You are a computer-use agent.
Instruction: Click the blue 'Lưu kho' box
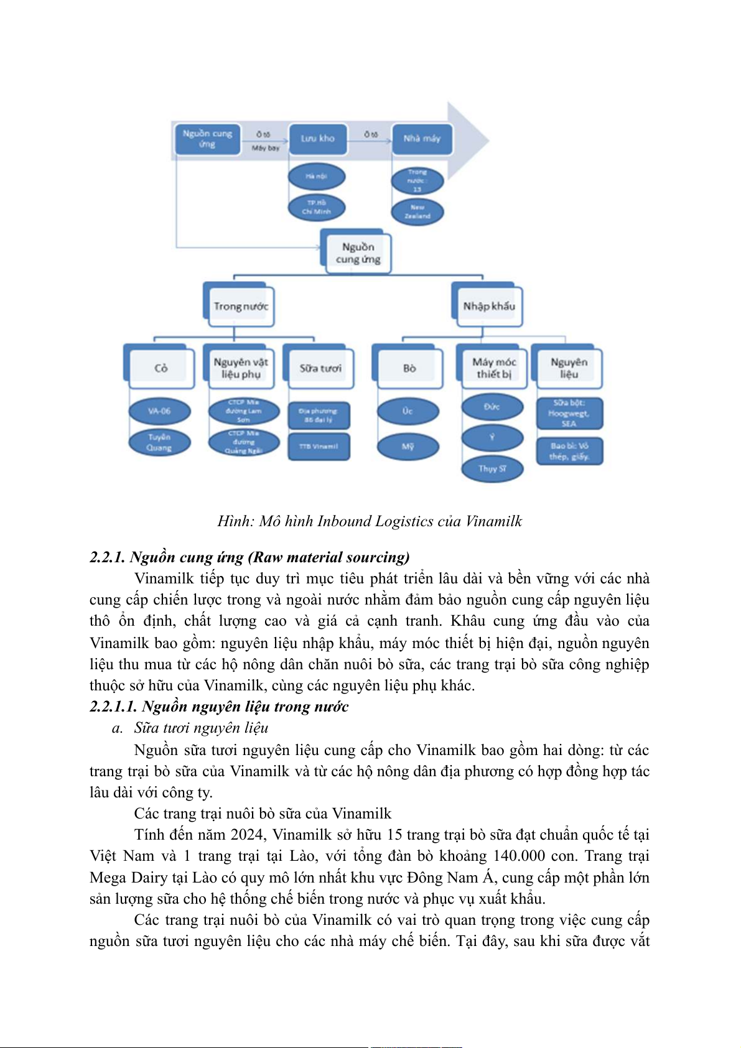point(317,139)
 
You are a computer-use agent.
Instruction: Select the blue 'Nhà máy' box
point(421,139)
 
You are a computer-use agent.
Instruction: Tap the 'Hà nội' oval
point(316,177)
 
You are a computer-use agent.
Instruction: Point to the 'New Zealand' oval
point(417,212)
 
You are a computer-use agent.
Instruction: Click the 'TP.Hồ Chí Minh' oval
point(316,207)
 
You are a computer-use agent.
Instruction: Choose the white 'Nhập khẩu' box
point(489,306)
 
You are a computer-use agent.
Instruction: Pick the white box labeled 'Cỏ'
point(161,368)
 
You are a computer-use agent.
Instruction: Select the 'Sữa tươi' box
point(320,368)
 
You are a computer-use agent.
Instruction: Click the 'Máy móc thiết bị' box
point(494,368)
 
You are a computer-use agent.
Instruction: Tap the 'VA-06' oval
point(159,411)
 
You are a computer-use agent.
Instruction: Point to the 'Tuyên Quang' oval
point(159,442)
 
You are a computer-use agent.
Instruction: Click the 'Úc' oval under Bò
point(408,411)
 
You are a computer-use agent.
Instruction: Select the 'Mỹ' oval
point(408,447)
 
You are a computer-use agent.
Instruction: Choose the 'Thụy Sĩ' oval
point(492,468)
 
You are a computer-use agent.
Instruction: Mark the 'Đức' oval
point(492,407)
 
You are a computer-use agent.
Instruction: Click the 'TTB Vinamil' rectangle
point(319,447)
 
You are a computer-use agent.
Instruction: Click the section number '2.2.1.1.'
point(113,707)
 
